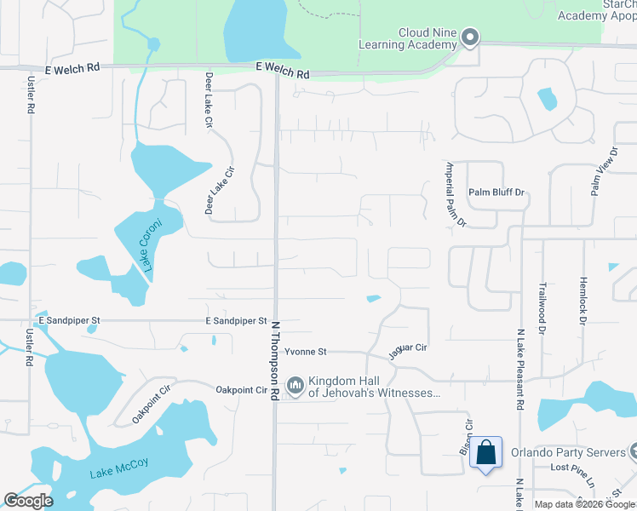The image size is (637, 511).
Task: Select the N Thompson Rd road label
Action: tap(276, 360)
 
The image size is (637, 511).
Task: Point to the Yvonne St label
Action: tap(305, 352)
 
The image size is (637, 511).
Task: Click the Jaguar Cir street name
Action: tap(406, 347)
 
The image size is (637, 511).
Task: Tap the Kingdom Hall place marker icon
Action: tap(296, 386)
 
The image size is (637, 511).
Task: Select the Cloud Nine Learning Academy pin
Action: tap(470, 37)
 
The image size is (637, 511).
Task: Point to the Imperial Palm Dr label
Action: tap(456, 194)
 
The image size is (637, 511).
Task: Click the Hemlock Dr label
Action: tap(583, 304)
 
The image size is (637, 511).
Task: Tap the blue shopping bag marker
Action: tap(485, 453)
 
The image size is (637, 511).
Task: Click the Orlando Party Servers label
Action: tap(564, 451)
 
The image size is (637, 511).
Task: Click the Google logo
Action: tap(29, 501)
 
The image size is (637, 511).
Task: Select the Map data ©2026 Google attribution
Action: tap(584, 504)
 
